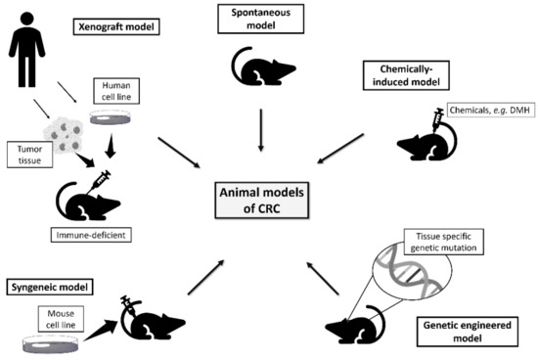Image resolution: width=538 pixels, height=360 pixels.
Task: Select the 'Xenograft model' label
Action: tap(121, 25)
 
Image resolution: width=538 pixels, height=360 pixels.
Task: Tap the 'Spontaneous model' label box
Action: tap(262, 20)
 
